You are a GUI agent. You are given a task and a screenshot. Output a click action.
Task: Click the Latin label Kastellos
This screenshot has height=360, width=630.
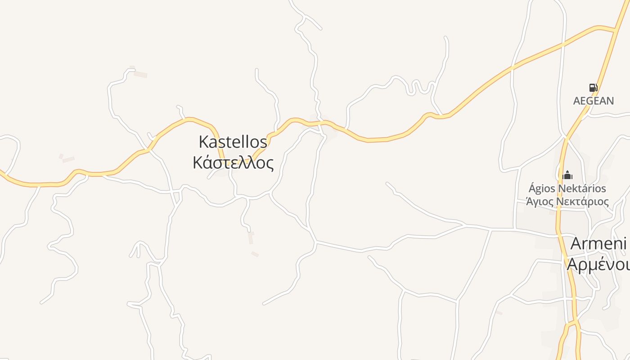[x=233, y=142]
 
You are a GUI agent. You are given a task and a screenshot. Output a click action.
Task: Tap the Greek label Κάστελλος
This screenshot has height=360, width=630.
[x=233, y=162]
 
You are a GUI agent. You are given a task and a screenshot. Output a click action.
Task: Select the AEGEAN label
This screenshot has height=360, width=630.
[x=593, y=101]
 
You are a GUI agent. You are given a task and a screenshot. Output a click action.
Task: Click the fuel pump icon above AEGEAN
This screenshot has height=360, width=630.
[x=593, y=88]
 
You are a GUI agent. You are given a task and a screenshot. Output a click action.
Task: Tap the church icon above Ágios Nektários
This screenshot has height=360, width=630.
[x=567, y=175]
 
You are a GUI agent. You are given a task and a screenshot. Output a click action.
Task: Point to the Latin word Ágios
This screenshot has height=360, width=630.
[x=542, y=189]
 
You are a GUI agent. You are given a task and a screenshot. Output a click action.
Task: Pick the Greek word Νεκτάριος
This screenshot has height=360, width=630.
[x=582, y=202]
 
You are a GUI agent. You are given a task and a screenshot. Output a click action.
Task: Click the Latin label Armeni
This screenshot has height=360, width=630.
[x=598, y=243]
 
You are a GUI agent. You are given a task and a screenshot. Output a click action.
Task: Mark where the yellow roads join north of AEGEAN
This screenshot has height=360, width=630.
[x=615, y=31]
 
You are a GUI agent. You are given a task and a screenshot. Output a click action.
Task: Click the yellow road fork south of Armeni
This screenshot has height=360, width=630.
[x=571, y=323]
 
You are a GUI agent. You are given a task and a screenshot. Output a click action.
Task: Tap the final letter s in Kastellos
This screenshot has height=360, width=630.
[x=264, y=143]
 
